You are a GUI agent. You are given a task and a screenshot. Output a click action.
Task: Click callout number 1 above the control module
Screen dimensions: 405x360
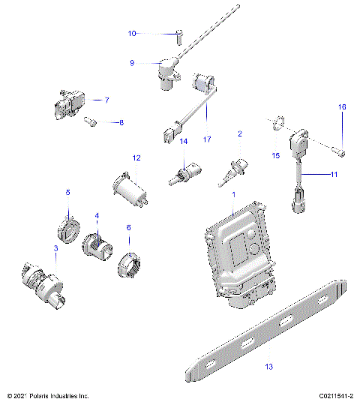tap(233, 194)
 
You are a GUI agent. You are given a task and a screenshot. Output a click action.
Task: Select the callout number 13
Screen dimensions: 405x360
tap(268, 367)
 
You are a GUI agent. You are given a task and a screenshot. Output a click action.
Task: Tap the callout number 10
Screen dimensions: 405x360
tap(132, 34)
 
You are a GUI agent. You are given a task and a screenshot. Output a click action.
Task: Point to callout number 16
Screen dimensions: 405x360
tap(342, 108)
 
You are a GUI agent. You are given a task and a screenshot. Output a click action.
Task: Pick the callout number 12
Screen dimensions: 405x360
tap(136, 158)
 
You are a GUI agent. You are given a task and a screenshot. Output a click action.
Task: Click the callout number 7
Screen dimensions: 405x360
tap(107, 100)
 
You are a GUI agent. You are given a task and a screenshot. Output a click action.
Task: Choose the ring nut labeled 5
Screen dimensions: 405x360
tap(69, 228)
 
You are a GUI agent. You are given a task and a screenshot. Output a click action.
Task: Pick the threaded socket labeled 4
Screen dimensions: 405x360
tap(97, 244)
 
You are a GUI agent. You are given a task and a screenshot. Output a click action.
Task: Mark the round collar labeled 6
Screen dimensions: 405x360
tap(129, 263)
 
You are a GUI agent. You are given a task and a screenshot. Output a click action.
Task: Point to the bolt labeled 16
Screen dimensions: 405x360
tap(342, 153)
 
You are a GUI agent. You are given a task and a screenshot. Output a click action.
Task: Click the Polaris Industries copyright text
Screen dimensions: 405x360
tap(48, 395)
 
